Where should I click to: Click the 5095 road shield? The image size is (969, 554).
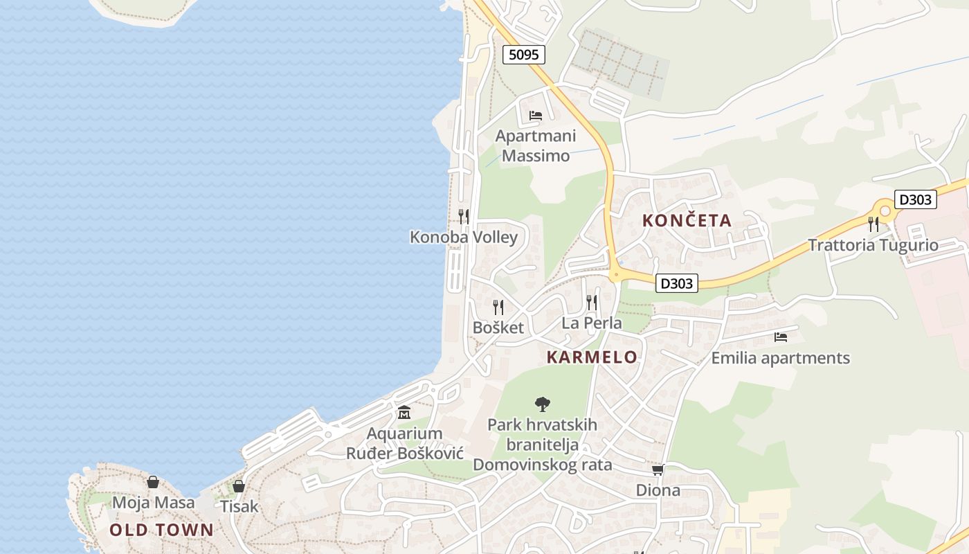coord(523,54)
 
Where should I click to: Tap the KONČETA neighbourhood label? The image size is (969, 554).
coord(687,221)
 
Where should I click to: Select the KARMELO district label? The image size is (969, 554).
coord(592,357)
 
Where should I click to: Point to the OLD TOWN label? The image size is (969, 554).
coord(162,530)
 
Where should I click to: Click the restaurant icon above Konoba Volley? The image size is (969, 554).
coord(464,216)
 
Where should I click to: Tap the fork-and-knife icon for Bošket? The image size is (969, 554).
coord(498,307)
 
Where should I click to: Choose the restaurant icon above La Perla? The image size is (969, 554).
coord(592,302)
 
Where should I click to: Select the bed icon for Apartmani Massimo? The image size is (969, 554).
coord(536,115)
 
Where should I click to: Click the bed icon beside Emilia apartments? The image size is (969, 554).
coord(781,337)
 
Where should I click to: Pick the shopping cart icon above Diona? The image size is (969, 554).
coord(658,470)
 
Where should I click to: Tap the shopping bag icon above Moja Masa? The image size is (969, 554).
coord(153,482)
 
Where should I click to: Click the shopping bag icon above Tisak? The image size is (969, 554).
coord(239,486)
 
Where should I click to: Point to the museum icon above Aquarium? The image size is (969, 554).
coord(404,413)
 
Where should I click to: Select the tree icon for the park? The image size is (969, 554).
coord(543,404)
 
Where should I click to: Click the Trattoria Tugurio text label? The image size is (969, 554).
coord(873,245)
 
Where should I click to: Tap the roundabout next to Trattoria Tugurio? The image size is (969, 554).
coord(884,209)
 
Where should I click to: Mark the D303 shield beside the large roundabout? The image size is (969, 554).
coord(915,199)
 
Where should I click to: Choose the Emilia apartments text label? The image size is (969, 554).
coord(781,358)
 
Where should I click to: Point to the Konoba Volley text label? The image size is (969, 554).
coord(464,238)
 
